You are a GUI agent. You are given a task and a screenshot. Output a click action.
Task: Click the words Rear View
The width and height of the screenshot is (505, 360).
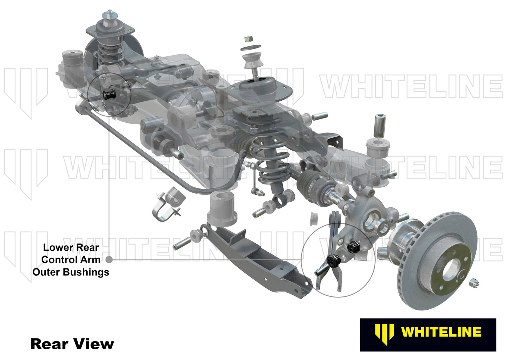click(x=72, y=344)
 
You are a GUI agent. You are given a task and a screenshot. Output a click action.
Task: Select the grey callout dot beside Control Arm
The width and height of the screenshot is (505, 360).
click(x=109, y=260)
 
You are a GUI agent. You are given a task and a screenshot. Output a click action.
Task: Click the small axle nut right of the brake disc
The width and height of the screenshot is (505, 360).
click(x=475, y=281)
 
